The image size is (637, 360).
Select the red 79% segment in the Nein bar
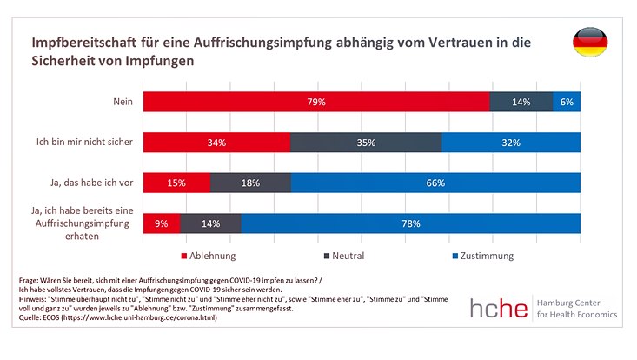315,102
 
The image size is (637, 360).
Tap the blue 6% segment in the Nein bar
567,102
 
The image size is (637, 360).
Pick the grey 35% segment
366,143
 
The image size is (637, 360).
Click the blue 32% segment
511,143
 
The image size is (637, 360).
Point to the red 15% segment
176,183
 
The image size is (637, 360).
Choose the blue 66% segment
435,183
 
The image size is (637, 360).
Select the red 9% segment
162,223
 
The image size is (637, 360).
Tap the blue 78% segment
411,223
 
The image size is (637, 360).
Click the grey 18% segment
250,183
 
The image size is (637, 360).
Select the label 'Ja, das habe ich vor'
90,183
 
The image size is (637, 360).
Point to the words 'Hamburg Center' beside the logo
575,302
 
